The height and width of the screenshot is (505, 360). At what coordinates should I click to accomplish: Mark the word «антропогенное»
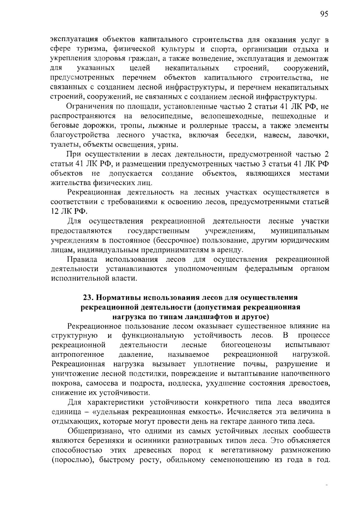78,354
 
